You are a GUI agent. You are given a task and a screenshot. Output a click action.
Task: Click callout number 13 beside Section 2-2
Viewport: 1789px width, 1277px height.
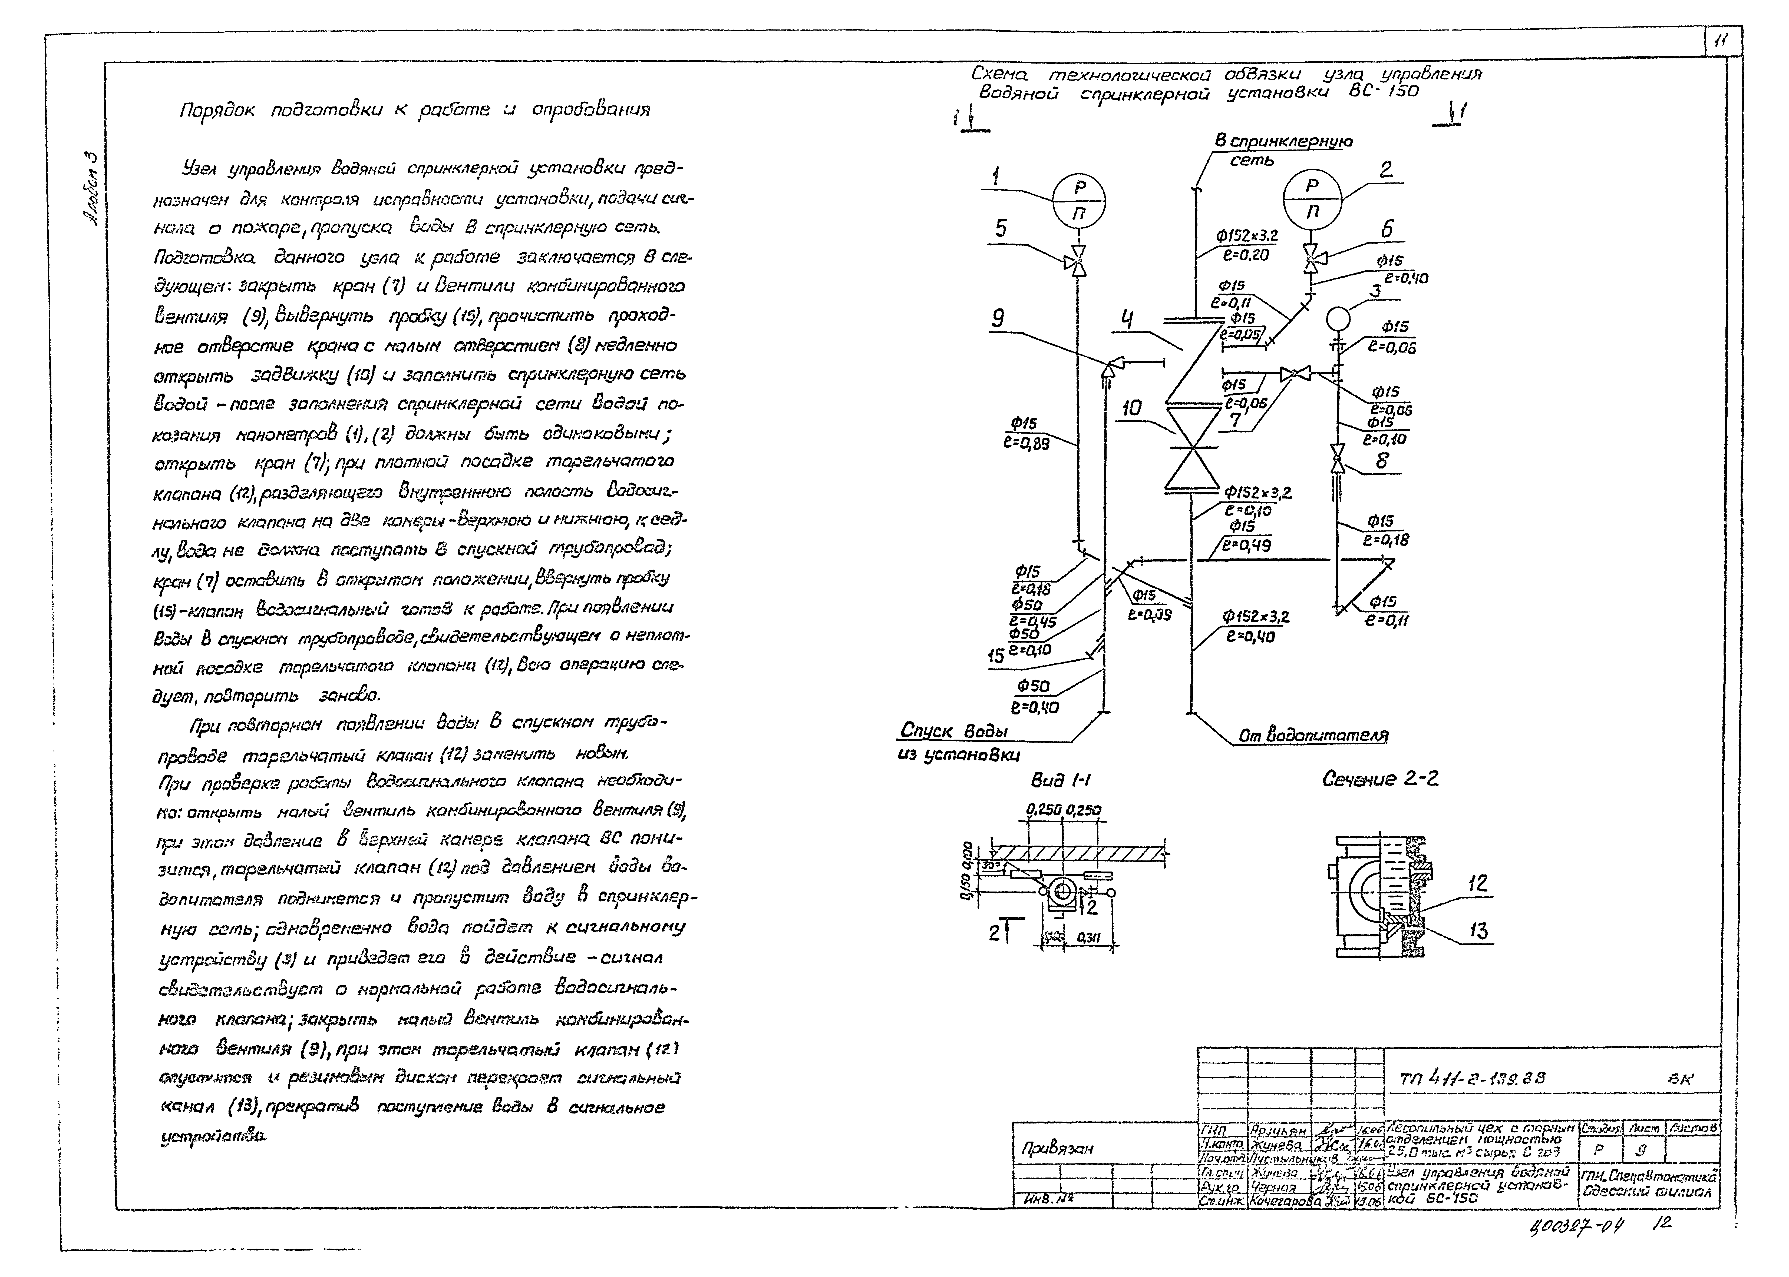pos(1478,931)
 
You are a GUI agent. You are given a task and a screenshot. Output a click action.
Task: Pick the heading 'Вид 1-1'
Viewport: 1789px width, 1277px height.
pos(1061,780)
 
